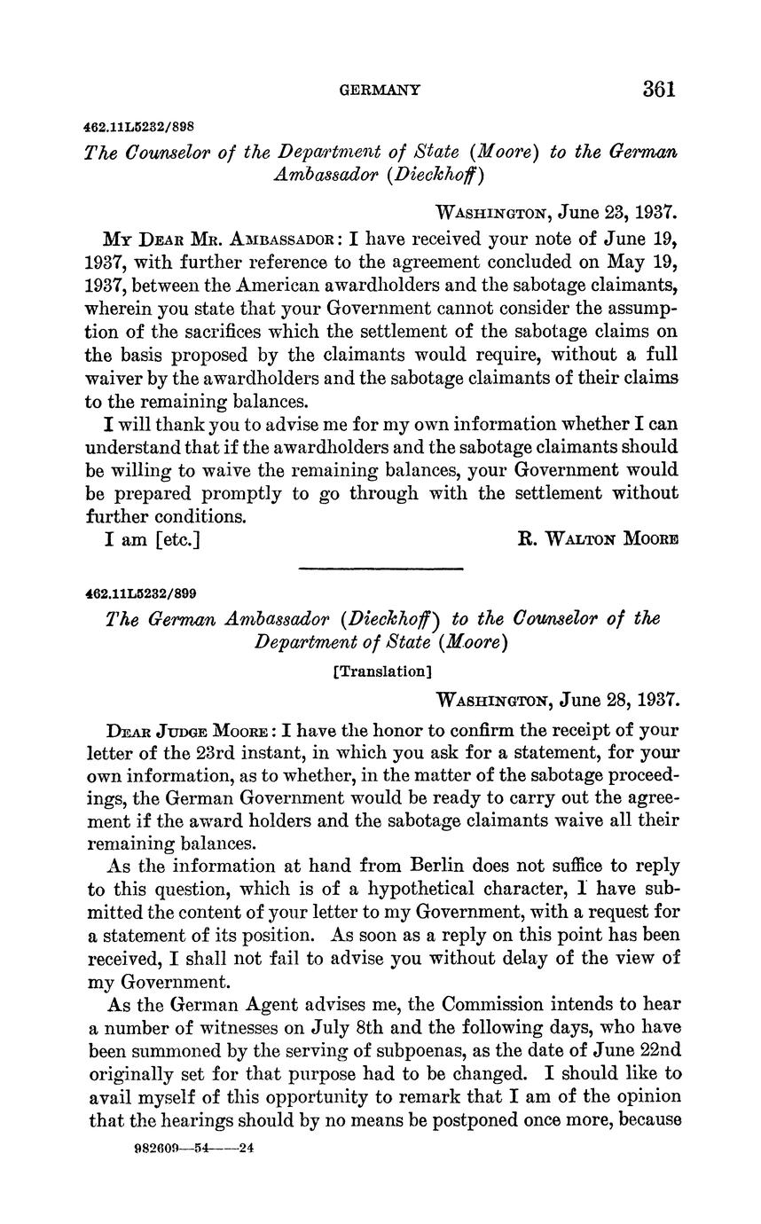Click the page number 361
point(660,89)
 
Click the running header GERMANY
point(380,90)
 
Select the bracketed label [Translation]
point(380,671)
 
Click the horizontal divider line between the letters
point(381,569)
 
